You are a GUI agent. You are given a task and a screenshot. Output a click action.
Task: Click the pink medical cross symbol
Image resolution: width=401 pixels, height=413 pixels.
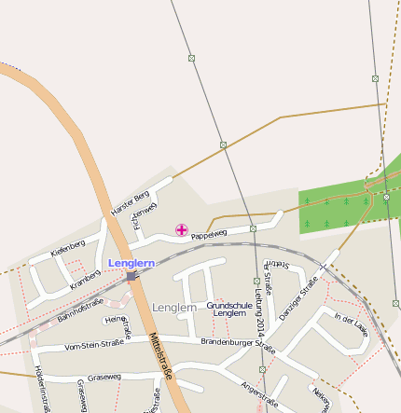(181, 229)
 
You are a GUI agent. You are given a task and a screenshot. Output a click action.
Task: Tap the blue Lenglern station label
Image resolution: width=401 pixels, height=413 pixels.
(131, 264)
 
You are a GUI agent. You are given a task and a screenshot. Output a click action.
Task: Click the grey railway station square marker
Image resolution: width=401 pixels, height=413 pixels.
(131, 276)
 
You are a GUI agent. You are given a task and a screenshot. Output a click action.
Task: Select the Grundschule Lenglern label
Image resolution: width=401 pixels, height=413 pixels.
(229, 310)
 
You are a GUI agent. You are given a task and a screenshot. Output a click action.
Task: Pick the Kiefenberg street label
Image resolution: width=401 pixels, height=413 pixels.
(68, 249)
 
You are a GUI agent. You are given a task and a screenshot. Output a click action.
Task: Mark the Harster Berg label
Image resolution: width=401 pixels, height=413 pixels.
(130, 202)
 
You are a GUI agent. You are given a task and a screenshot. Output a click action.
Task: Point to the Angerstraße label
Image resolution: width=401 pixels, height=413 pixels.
(259, 395)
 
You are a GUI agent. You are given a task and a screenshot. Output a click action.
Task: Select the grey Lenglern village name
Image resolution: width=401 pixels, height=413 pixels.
(174, 307)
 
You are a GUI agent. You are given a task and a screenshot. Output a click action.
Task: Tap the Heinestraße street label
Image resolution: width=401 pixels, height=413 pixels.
(118, 325)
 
